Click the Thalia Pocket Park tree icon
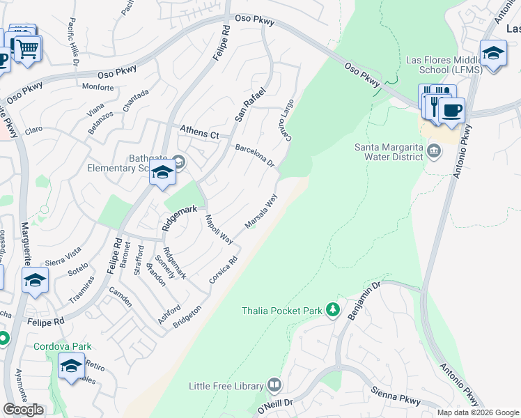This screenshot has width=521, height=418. coord(333,310)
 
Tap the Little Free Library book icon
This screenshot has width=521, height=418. coord(274,385)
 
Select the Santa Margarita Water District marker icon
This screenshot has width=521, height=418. coord(433,151)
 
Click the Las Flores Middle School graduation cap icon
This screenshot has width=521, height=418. coord(493,54)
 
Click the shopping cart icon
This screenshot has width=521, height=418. coord(28,49)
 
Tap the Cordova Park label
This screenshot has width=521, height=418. coord(63,346)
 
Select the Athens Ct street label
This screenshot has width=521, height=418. coord(199,131)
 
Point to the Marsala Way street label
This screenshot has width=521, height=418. coord(261,210)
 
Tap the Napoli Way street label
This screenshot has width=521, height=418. coord(218,229)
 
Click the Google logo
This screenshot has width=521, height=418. coord(23,410)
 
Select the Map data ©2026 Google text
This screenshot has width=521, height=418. coord(477,412)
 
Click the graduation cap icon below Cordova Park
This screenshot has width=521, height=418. coord(72,365)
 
